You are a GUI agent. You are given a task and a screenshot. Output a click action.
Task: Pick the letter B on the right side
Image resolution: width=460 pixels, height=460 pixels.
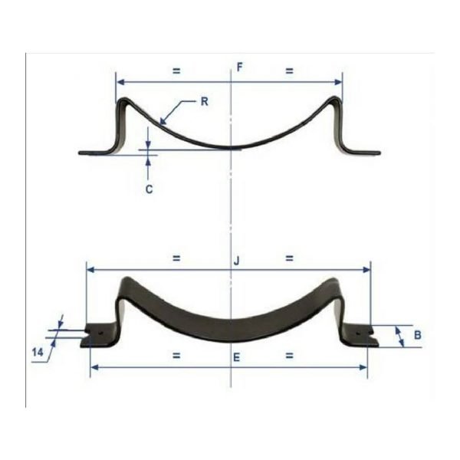417,335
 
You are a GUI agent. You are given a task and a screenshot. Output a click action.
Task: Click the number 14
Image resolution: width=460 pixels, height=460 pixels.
37,352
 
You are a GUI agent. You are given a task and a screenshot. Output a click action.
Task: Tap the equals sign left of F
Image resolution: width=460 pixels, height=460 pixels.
176,71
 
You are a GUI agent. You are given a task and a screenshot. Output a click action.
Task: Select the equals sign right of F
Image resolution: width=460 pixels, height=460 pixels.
289,71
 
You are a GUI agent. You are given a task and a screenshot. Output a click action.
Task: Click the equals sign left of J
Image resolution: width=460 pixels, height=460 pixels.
176,259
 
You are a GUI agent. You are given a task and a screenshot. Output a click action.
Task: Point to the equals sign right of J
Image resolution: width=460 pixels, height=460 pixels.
289,259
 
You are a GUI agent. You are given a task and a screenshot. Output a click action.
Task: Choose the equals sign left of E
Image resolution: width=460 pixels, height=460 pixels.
176,356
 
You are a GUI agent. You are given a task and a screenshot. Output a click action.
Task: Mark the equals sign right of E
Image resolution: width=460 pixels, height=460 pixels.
289,356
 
